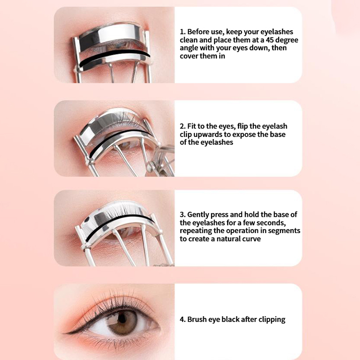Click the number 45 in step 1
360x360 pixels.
tap(270, 40)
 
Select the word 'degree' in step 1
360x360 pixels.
tap(287, 40)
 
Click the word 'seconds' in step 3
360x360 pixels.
tap(271, 223)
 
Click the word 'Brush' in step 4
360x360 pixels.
tap(197, 319)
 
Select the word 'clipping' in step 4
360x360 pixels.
tap(272, 320)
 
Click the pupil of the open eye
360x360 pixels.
tap(122, 318)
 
